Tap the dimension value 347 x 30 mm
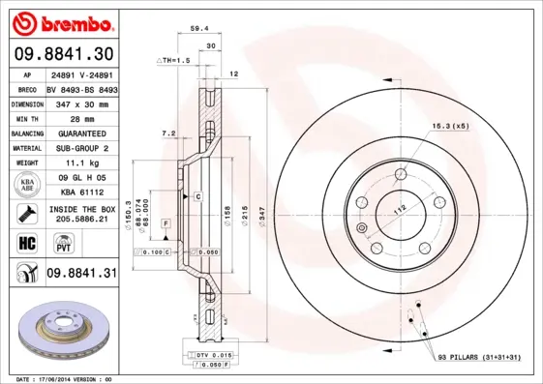pyautogui.click(x=79, y=103)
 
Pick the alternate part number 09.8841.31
pyautogui.click(x=80, y=274)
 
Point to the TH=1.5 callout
pyautogui.click(x=175, y=60)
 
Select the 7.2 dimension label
pyautogui.click(x=168, y=133)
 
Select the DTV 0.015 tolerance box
pyautogui.click(x=202, y=356)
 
